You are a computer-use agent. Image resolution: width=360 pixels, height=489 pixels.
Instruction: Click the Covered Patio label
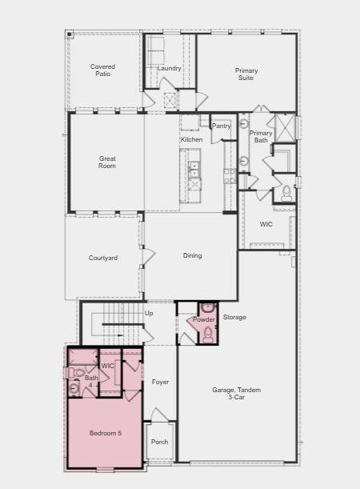102,70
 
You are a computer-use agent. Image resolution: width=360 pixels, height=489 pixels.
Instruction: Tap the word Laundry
169,69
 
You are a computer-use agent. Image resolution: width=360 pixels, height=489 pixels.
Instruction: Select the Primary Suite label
246,75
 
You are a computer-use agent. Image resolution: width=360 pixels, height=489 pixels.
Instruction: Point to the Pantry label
221,126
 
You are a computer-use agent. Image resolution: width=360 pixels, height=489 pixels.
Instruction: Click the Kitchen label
191,140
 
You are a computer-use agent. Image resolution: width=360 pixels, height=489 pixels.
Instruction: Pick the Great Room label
106,162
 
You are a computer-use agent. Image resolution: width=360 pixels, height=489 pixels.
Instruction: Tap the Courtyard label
103,258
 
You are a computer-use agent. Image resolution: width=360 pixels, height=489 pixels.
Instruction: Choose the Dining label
192,256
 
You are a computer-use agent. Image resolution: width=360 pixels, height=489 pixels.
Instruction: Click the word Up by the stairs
149,313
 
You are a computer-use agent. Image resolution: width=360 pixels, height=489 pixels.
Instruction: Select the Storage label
234,318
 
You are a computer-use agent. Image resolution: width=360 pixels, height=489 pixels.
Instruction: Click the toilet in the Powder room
208,335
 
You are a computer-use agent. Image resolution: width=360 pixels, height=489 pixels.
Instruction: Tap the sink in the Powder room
207,307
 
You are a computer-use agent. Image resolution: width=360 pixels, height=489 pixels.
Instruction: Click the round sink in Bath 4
74,389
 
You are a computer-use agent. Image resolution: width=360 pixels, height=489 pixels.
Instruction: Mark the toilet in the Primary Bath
286,193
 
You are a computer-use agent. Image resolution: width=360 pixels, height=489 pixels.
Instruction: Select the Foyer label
160,383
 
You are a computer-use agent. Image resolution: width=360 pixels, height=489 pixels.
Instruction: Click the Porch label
159,441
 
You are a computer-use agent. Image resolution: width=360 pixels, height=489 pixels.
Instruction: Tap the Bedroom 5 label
105,433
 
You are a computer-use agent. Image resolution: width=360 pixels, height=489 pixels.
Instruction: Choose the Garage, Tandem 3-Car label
236,393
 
